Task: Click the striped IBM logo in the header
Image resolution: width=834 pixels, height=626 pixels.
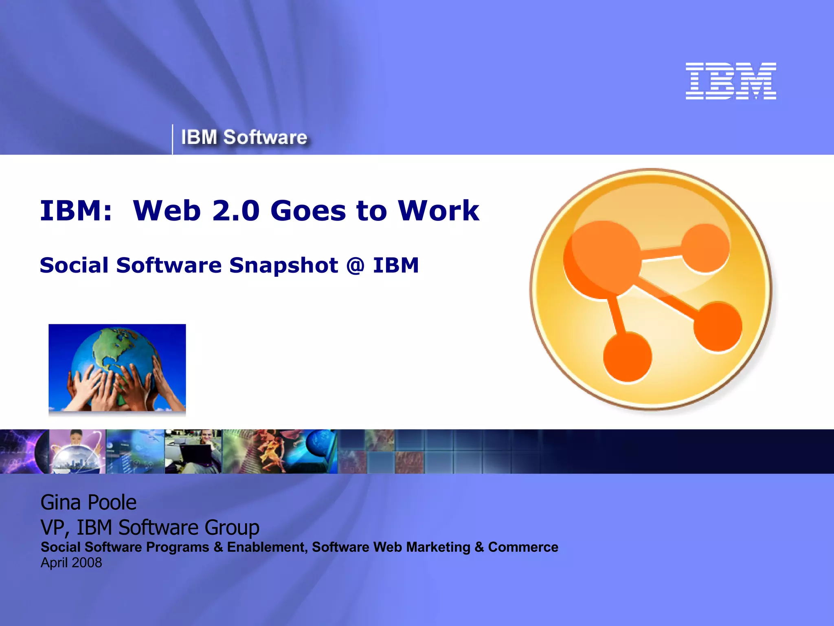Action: tap(731, 81)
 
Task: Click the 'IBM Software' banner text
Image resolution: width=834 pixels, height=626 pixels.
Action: tap(244, 137)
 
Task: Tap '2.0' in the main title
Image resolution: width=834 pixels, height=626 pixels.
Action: tap(236, 211)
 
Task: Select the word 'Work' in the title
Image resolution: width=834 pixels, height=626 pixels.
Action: tap(439, 211)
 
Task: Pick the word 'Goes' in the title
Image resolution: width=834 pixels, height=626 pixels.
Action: tap(308, 211)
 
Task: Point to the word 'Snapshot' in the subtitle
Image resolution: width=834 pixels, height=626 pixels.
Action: tap(283, 266)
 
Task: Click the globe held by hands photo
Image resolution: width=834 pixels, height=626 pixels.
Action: tap(117, 368)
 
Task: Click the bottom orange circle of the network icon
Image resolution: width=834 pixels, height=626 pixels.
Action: tap(627, 357)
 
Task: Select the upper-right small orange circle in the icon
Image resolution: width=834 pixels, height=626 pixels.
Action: tap(705, 248)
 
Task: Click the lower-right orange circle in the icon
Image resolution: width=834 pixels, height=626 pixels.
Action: tap(718, 326)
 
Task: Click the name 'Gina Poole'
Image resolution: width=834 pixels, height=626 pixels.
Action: tap(88, 502)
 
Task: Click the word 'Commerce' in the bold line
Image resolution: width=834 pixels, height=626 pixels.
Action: tap(523, 547)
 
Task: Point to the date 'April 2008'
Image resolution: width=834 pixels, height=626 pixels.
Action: tap(71, 563)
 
